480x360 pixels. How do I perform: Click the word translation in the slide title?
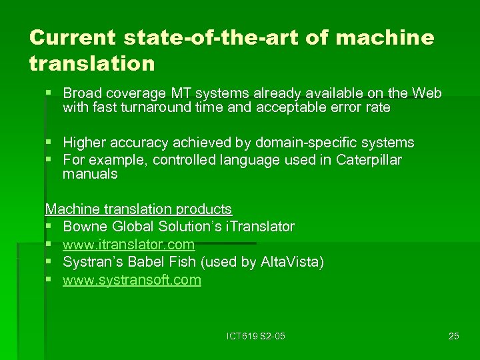[92, 64]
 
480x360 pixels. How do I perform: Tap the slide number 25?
[453, 336]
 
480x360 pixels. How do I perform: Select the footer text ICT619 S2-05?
[255, 336]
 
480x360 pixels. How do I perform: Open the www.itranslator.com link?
[129, 245]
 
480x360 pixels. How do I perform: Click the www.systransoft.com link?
[132, 280]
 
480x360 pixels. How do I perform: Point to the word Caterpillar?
[369, 160]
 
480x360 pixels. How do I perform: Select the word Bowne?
[83, 227]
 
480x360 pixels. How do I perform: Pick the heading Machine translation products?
[139, 209]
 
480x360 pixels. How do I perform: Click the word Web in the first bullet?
[427, 92]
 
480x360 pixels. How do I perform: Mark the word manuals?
[90, 175]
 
